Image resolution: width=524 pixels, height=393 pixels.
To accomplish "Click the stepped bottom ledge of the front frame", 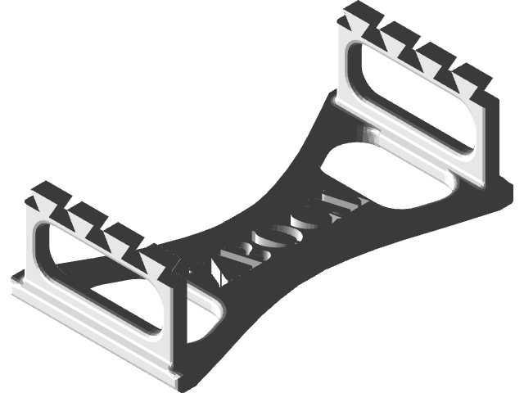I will point(90,336).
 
